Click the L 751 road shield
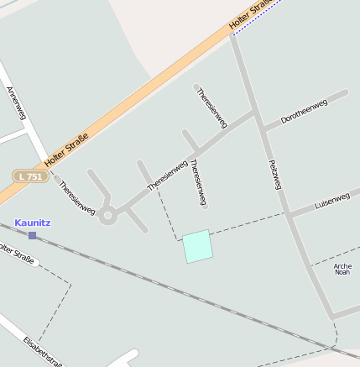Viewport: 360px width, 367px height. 30,176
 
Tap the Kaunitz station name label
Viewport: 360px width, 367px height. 33,223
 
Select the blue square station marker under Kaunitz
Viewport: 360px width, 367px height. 33,235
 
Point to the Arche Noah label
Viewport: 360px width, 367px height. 342,270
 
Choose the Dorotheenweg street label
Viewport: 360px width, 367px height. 303,115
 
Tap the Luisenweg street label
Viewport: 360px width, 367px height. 331,202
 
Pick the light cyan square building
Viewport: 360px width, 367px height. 197,246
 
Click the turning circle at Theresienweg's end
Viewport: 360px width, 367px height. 107,216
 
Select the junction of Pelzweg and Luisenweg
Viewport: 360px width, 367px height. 287,214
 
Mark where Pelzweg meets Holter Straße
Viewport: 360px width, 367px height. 232,35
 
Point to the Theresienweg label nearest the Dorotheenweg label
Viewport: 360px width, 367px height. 211,108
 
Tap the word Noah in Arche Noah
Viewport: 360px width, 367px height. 342,273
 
